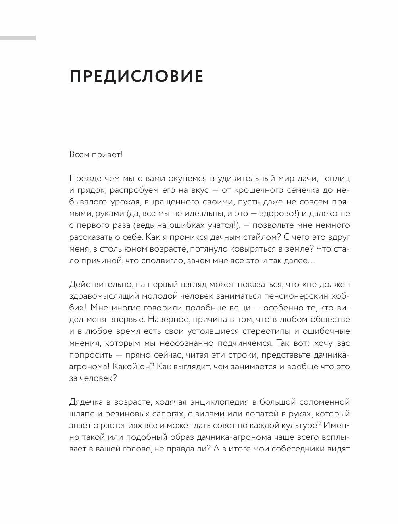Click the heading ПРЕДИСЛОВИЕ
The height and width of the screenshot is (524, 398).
pos(136,77)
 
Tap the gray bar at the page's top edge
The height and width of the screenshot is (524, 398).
pos(18,38)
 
